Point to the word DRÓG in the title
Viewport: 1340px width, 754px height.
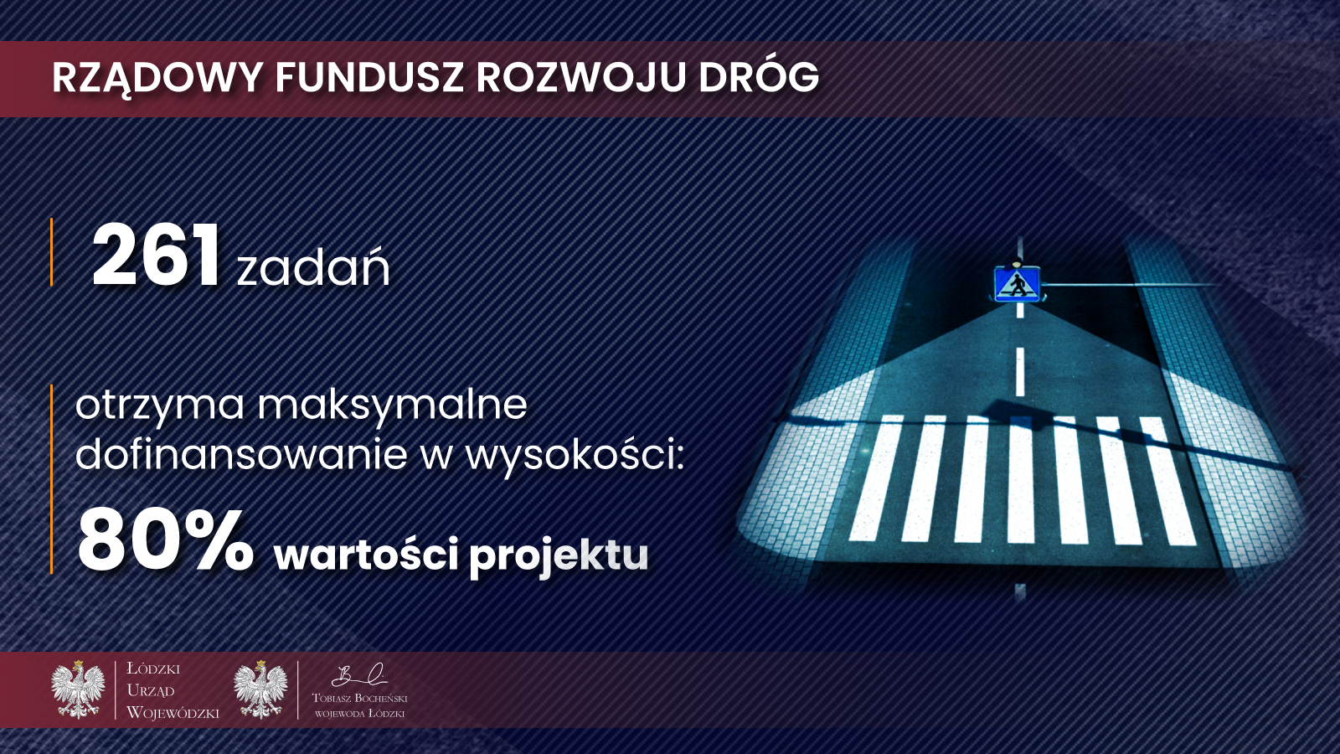pyautogui.click(x=759, y=76)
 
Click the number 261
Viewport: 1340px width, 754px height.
pyautogui.click(x=156, y=256)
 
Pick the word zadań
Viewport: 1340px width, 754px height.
pyautogui.click(x=313, y=266)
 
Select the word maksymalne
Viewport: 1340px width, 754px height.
pyautogui.click(x=393, y=405)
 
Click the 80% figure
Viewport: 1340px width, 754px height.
pyautogui.click(x=165, y=540)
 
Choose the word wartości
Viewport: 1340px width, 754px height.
pyautogui.click(x=366, y=554)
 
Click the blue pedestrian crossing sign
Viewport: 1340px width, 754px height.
pyautogui.click(x=1017, y=284)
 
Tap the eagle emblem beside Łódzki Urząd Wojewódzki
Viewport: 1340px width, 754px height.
pyautogui.click(x=78, y=689)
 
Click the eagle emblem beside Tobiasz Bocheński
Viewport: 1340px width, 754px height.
pyautogui.click(x=260, y=689)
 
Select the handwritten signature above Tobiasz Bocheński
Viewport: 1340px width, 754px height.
pyautogui.click(x=359, y=675)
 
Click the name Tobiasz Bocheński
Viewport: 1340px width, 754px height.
pyautogui.click(x=359, y=698)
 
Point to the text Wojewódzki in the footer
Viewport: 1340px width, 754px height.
pyautogui.click(x=173, y=712)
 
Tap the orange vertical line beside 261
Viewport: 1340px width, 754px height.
pyautogui.click(x=51, y=252)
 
